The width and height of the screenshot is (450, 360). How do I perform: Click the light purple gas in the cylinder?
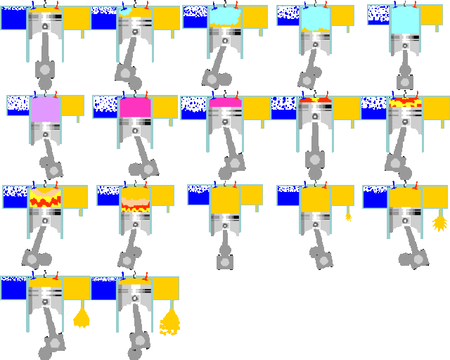pyautogui.click(x=46, y=110)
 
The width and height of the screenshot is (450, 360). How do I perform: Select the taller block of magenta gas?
pyautogui.click(x=135, y=108)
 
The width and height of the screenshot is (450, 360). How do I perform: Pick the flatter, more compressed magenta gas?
pyautogui.click(x=225, y=103)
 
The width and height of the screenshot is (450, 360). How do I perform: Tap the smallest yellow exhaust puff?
pyautogui.click(x=348, y=217)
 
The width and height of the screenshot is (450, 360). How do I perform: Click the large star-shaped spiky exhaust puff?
pyautogui.click(x=439, y=224)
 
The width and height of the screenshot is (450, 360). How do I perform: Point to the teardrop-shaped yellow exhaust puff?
pyautogui.click(x=82, y=318)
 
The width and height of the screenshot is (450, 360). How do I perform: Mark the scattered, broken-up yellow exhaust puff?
pyautogui.click(x=169, y=321)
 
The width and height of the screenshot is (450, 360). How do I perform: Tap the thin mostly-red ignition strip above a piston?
pyautogui.click(x=315, y=101)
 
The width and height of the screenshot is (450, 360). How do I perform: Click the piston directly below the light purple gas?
pyautogui.click(x=46, y=130)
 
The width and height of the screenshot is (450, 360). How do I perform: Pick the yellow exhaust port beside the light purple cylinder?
pyautogui.click(x=72, y=105)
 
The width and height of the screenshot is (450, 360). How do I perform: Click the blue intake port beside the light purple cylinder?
pyautogui.click(x=18, y=105)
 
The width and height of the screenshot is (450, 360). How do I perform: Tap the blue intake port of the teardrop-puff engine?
pyautogui.click(x=13, y=288)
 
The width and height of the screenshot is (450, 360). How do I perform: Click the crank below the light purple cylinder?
pyautogui.click(x=51, y=167)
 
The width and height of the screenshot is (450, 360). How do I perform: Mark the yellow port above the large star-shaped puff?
pyautogui.click(x=435, y=197)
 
